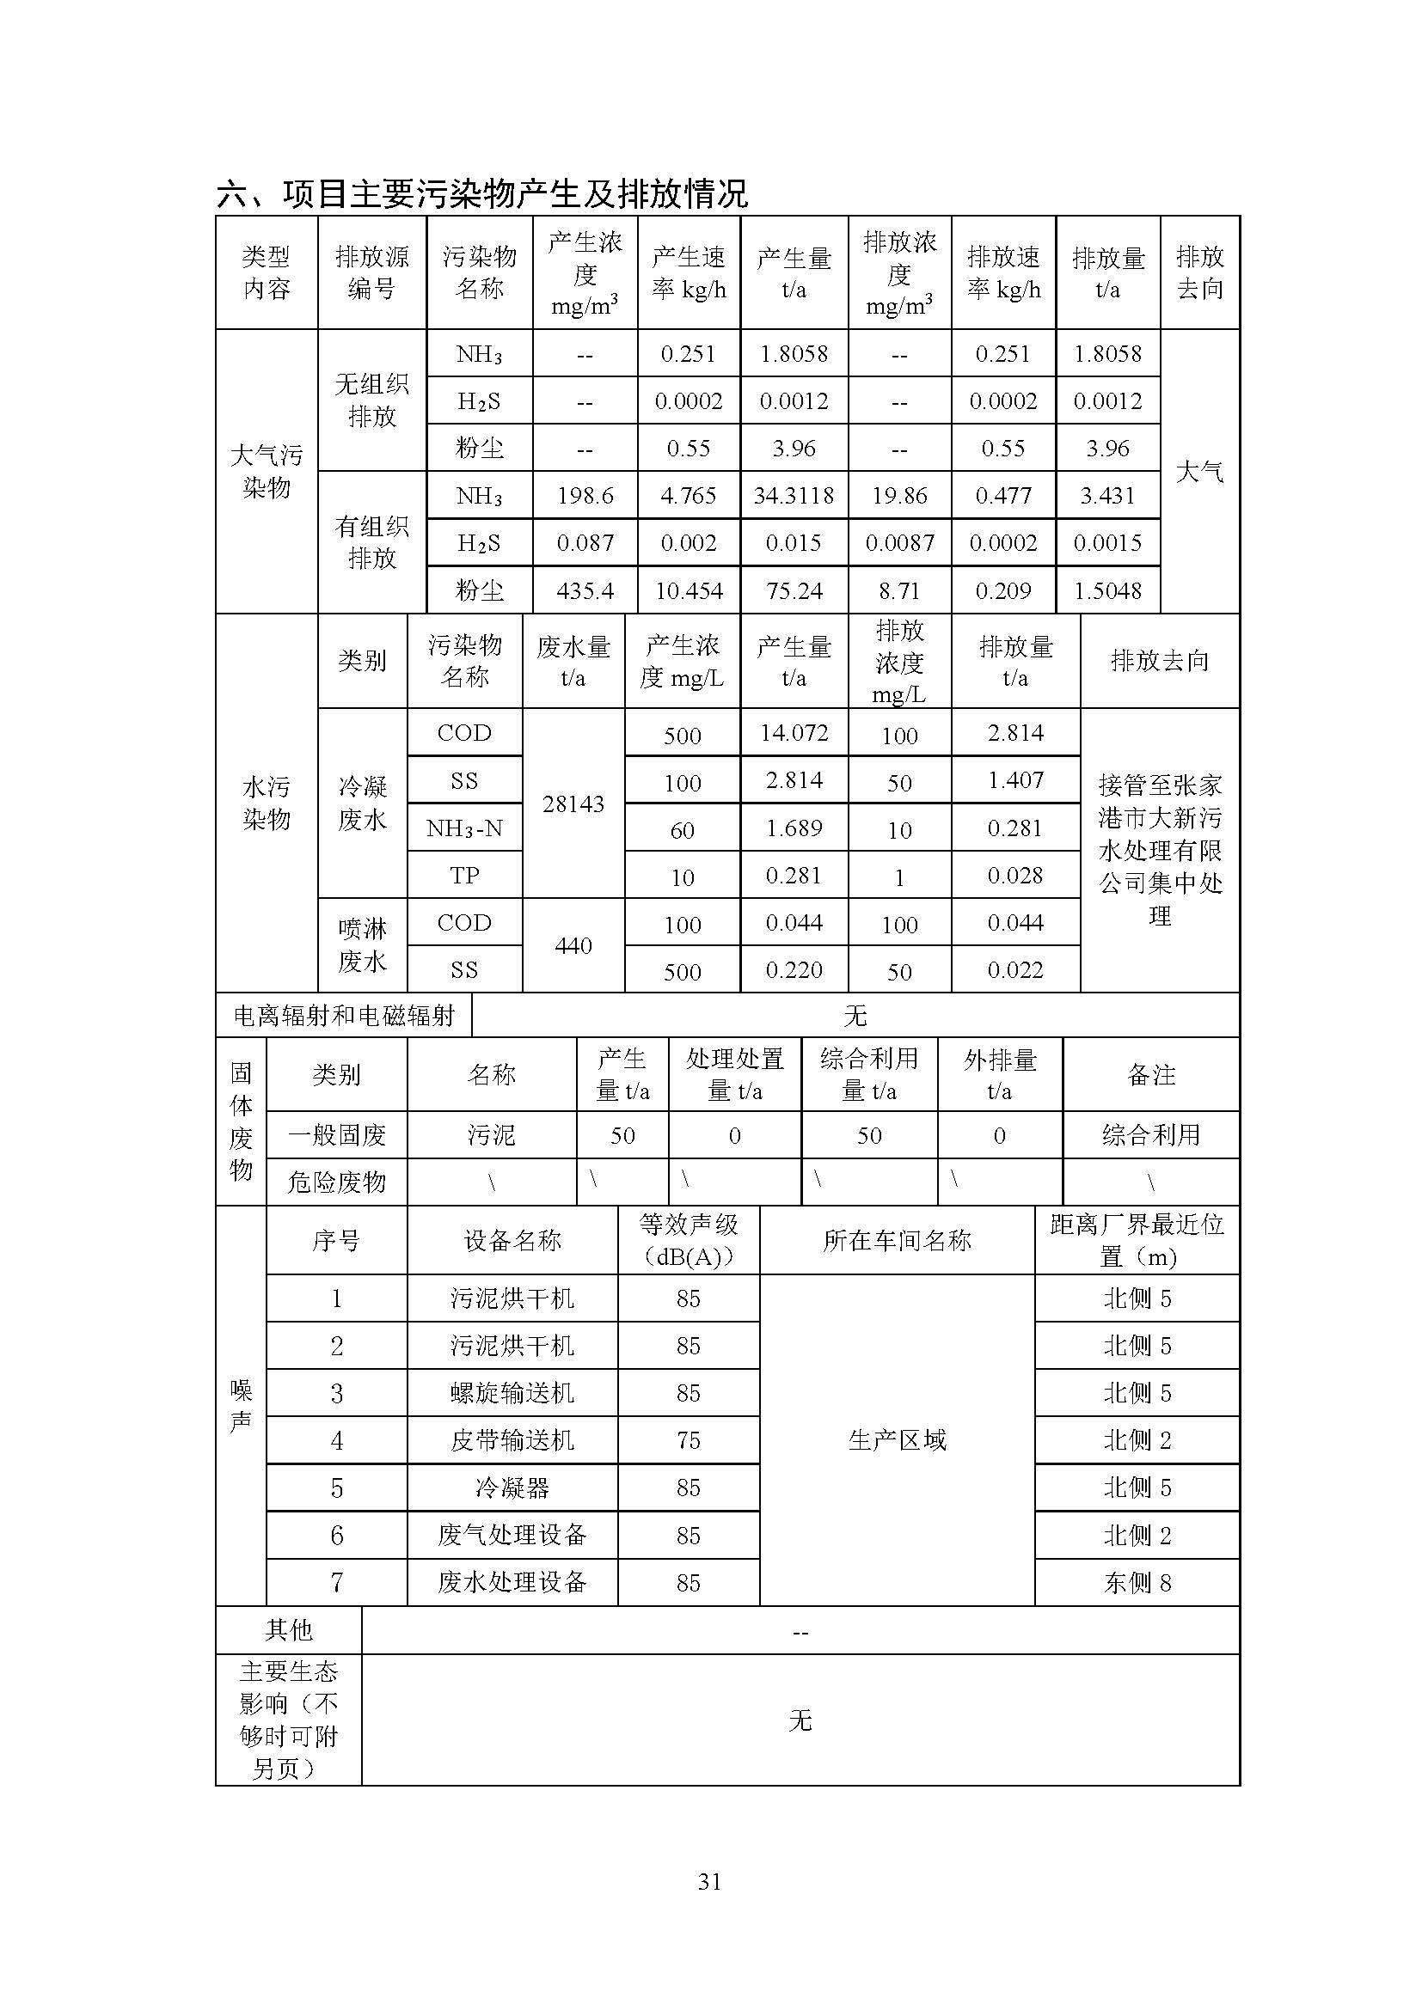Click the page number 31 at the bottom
tap(709, 1880)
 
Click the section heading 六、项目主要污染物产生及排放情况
tap(481, 193)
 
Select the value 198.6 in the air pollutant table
tap(585, 497)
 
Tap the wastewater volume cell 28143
tap(573, 803)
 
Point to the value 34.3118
tap(794, 497)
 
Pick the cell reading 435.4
tap(585, 591)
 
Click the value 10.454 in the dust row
tap(689, 591)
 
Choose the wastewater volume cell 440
tap(573, 945)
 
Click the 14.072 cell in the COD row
tap(794, 733)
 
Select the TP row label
tap(464, 876)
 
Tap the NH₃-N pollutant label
tap(464, 828)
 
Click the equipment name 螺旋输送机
tap(512, 1393)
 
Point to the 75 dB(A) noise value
tap(689, 1440)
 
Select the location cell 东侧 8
tap(1137, 1582)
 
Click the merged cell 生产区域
tap(897, 1440)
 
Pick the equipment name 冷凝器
tap(512, 1488)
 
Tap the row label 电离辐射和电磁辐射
tap(343, 1016)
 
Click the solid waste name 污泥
tap(491, 1135)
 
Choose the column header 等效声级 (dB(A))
tap(689, 1241)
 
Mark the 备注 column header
tap(1150, 1075)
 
